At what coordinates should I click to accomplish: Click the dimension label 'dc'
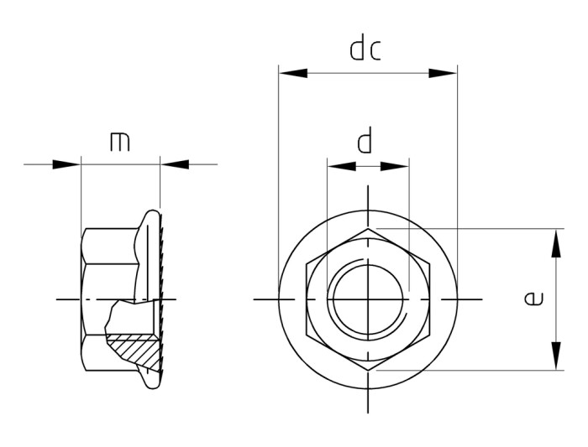tap(365, 49)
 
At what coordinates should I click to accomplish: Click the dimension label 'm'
tap(120, 142)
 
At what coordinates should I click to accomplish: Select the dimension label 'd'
tap(365, 141)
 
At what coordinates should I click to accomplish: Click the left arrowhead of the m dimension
tap(66, 164)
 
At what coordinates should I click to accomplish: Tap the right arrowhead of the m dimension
tap(174, 164)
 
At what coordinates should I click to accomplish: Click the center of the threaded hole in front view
tap(367, 299)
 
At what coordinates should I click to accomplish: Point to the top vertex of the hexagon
tap(367, 228)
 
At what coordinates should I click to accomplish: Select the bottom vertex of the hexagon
tap(367, 370)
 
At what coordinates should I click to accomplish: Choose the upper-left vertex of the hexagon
tap(307, 262)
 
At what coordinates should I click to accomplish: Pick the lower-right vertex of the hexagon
tap(428, 335)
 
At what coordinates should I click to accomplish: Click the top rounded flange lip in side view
tap(151, 217)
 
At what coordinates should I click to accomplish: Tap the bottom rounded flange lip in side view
tap(151, 381)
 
